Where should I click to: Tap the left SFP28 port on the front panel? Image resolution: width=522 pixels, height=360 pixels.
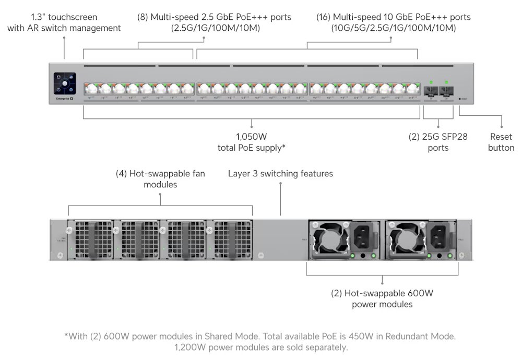click(x=431, y=91)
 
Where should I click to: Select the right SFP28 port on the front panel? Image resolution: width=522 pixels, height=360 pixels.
click(x=446, y=91)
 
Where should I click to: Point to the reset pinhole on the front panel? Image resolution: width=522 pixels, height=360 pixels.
click(x=459, y=98)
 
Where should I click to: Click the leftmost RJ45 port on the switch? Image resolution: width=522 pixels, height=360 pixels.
click(x=90, y=89)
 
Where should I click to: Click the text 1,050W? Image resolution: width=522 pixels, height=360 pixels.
click(x=251, y=137)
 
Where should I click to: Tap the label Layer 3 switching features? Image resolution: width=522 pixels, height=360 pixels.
click(x=280, y=173)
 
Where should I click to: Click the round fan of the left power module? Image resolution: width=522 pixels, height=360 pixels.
click(x=327, y=238)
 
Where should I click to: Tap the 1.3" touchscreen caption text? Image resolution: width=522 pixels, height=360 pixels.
click(x=64, y=22)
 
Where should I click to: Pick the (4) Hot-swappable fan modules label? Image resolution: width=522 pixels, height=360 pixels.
click(x=160, y=179)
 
